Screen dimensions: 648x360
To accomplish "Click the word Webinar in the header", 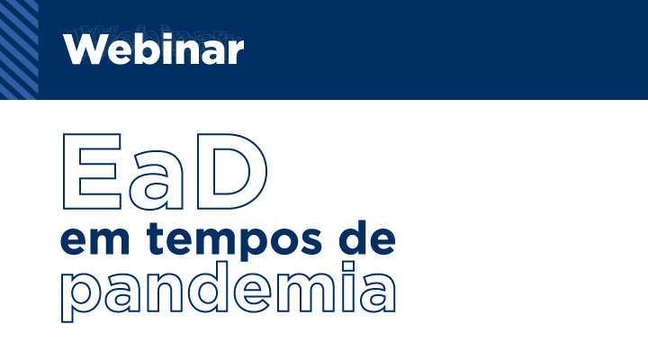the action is point(153,49).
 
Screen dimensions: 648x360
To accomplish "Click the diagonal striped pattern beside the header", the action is point(19,49).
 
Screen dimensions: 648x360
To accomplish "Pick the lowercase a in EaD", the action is point(156,180).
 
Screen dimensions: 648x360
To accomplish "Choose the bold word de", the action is point(367,238).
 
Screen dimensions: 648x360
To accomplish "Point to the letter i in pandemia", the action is point(349,287).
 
